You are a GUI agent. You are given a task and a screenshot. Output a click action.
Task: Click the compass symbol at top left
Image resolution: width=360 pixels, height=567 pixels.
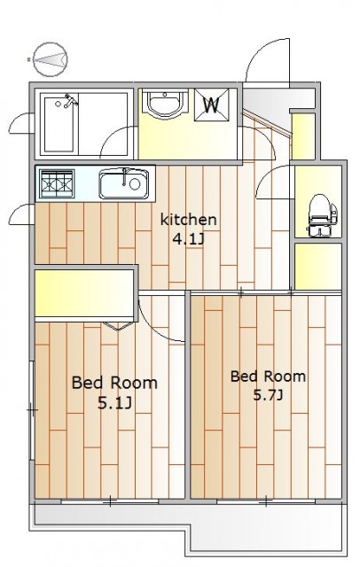coord(50,59)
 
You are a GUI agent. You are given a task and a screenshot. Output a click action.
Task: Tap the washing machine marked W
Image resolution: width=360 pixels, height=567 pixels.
coord(212,105)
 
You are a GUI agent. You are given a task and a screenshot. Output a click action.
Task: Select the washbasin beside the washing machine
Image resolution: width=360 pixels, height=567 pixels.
coord(165,103)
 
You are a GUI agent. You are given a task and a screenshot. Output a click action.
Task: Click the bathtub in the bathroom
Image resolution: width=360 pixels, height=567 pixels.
coord(60,124)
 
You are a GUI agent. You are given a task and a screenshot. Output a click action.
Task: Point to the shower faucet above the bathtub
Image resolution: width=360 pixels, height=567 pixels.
coord(69,101)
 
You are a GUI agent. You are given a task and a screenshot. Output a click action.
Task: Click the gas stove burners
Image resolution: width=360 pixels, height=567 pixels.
coord(57,183)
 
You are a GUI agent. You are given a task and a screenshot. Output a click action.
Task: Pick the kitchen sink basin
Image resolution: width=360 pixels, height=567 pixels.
coord(124,184)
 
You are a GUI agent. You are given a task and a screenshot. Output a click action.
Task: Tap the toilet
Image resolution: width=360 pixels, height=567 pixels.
coord(322,215)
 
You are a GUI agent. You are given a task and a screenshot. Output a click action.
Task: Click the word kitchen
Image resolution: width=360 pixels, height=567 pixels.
coord(189,220)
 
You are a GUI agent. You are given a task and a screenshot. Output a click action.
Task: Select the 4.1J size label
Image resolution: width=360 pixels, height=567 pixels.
coord(189,239)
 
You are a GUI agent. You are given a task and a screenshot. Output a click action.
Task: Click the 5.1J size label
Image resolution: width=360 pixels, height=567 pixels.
coord(114,403)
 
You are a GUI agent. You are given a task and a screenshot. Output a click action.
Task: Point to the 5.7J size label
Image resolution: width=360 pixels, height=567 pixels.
coord(268,395)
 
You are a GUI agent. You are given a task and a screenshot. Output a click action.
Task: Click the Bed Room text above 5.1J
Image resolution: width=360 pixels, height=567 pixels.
coord(114,383)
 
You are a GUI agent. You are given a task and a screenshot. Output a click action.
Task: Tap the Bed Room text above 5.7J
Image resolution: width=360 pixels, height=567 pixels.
coord(268,377)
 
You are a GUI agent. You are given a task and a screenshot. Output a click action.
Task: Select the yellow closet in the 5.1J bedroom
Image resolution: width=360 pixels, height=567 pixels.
coord(84,293)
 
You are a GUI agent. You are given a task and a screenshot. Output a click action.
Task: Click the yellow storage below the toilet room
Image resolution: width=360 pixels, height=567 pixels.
coord(318,267)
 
